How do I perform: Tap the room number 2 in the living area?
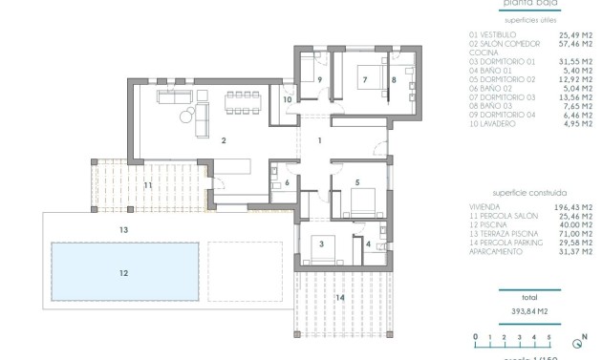point(223,141)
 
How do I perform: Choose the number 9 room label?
point(319,80)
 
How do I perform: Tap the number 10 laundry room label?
point(287,99)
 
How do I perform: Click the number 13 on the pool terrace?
point(123,230)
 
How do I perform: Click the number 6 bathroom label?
point(287,182)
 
